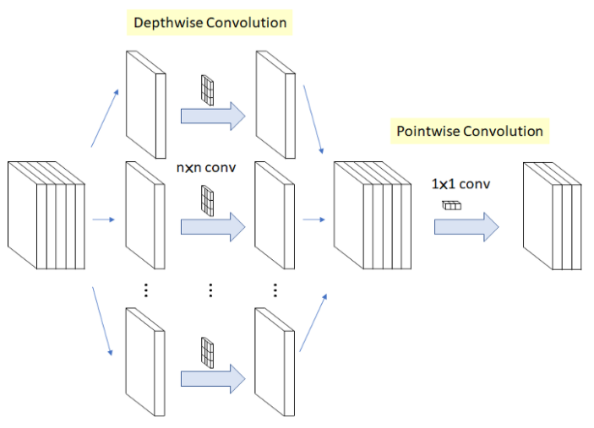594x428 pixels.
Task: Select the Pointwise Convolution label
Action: coord(470,131)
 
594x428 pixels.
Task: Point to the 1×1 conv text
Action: coord(460,183)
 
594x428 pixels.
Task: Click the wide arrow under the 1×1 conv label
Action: coord(466,226)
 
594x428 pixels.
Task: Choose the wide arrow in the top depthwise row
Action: coord(212,117)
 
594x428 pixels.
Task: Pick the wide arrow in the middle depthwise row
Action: coord(212,225)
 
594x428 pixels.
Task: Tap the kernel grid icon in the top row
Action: coord(207,89)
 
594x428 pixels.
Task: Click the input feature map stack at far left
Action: coord(46,214)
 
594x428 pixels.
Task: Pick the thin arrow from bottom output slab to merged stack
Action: coord(312,322)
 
